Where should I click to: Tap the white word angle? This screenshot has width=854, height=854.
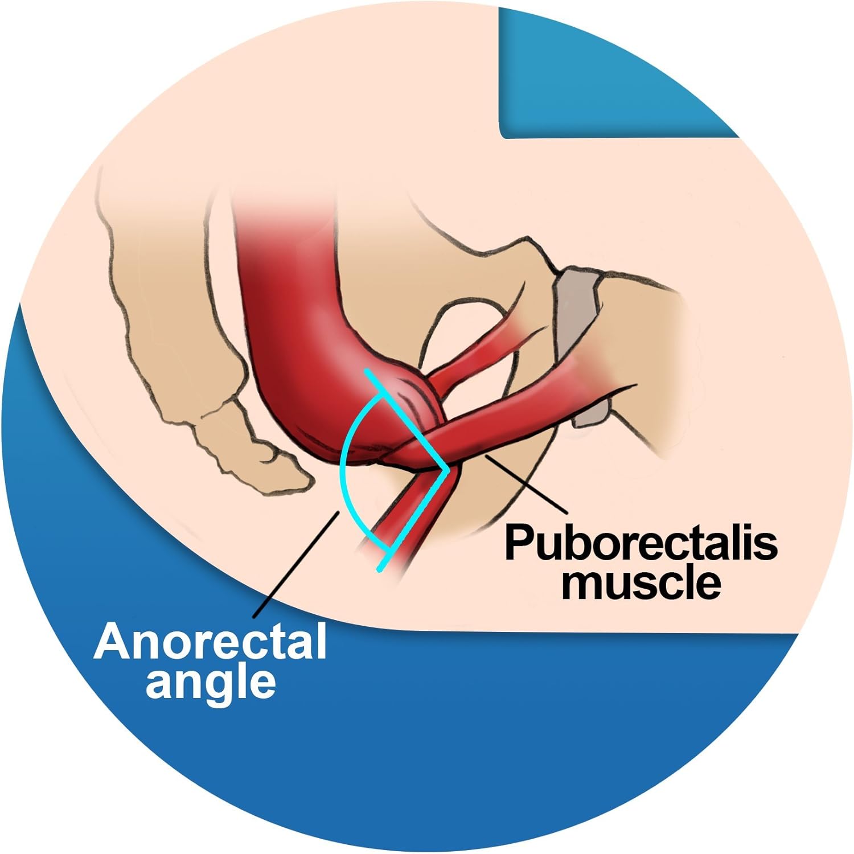(x=211, y=684)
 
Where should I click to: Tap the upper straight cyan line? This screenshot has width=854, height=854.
(x=408, y=420)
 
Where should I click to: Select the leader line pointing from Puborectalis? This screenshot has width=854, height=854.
(x=524, y=483)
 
